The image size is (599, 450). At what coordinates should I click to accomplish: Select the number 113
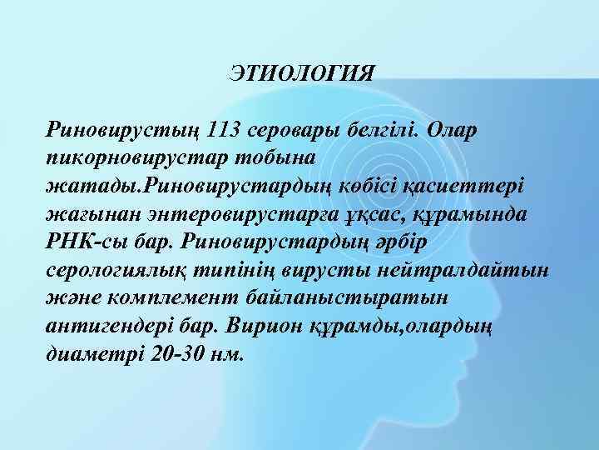coord(227,130)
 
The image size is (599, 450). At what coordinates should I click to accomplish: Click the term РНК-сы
coord(87,242)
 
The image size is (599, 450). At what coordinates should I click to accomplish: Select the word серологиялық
coord(123,269)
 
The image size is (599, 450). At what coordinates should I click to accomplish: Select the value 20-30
coord(181,353)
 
